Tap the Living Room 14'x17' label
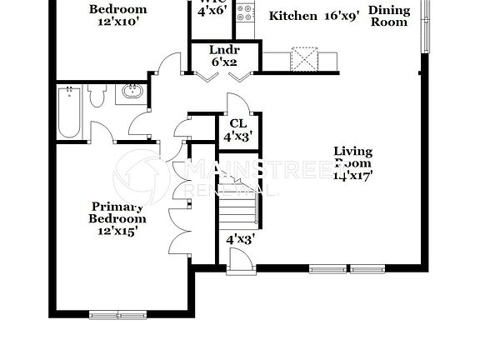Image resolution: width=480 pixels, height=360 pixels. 352,163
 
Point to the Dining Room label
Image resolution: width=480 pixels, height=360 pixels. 388,16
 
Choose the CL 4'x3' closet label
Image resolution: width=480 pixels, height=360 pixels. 238,129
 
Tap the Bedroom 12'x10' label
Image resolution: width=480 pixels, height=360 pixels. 118,15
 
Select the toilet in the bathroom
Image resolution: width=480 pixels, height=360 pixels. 97,96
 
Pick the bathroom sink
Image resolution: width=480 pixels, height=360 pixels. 131,91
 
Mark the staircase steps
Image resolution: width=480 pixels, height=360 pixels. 238,208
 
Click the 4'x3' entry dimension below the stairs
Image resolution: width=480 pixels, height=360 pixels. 241,239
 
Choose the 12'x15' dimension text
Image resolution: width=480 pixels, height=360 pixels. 118,231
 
